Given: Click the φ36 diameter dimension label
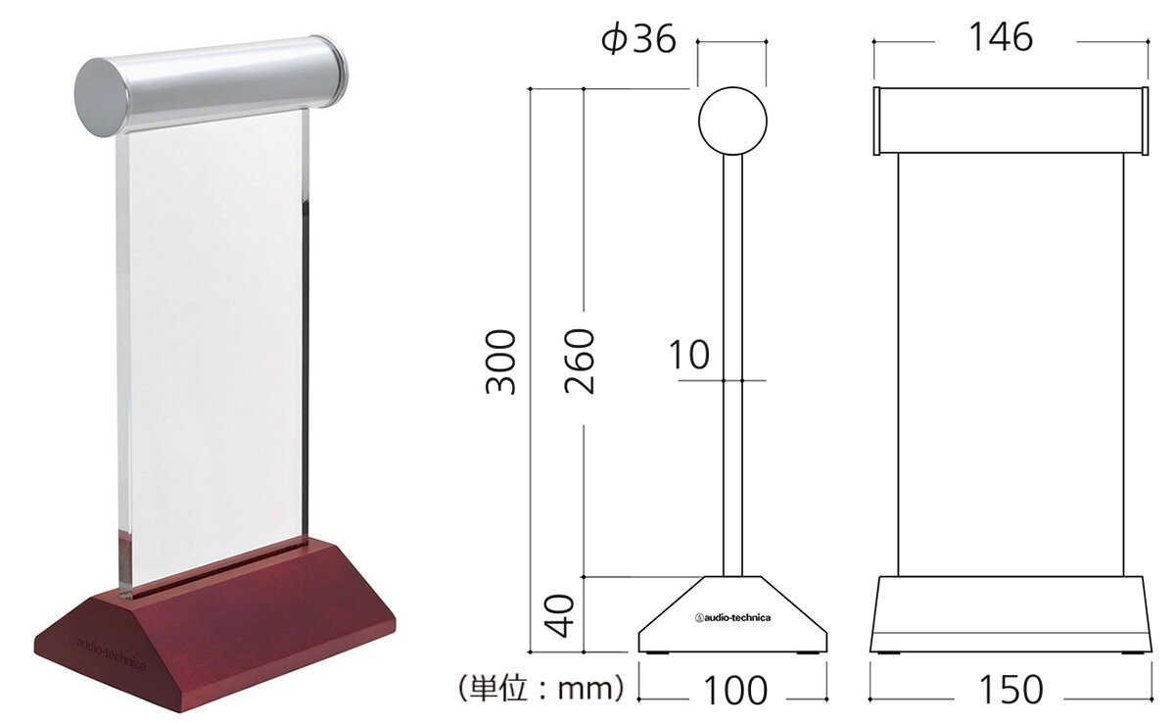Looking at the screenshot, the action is tap(638, 39).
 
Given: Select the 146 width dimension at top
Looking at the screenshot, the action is tap(1001, 37).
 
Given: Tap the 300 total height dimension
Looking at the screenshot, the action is tap(500, 361).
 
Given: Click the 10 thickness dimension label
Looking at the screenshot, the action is tap(689, 355).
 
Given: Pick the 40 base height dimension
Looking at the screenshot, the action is tap(559, 615).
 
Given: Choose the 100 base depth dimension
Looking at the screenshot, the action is tap(735, 691).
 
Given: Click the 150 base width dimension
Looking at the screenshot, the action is tap(1010, 690).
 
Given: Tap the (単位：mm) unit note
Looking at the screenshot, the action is tap(541, 688).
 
